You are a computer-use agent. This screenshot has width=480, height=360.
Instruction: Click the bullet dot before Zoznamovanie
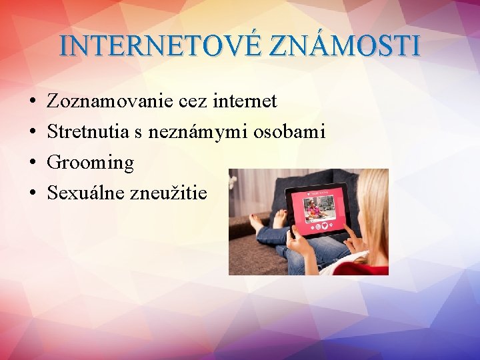(33, 102)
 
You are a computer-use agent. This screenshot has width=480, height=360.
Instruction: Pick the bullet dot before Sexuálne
(33, 193)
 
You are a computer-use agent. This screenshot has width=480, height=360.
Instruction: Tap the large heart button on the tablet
(325, 225)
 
